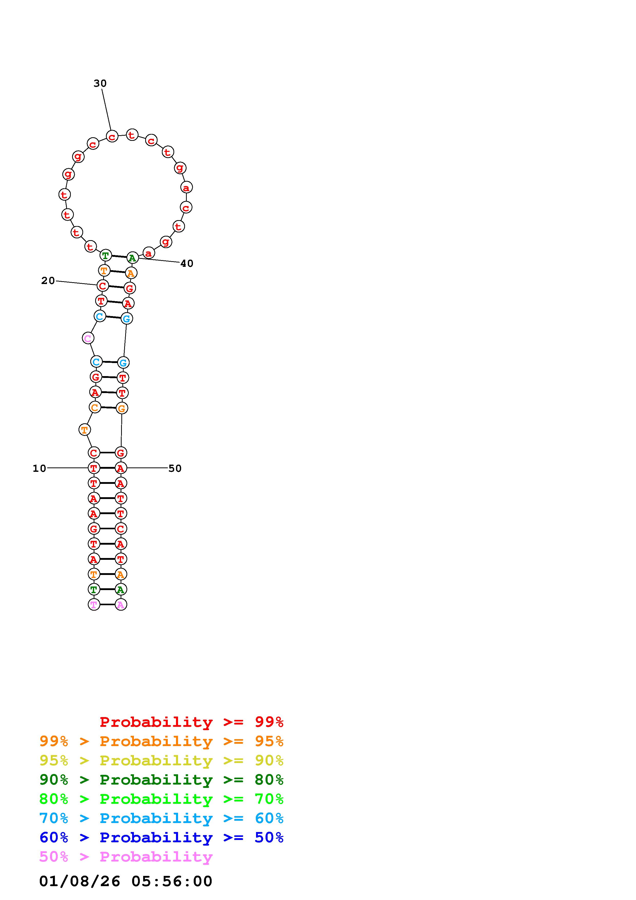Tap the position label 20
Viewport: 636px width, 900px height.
point(48,281)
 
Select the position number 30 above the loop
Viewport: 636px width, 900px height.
point(100,83)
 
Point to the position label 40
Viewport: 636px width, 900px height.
point(187,263)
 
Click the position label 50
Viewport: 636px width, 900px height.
point(175,468)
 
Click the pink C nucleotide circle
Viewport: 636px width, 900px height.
point(88,338)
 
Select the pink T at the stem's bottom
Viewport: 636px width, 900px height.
point(94,604)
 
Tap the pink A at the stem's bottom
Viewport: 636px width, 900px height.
point(121,604)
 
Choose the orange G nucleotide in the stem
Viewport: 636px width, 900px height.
point(122,408)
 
